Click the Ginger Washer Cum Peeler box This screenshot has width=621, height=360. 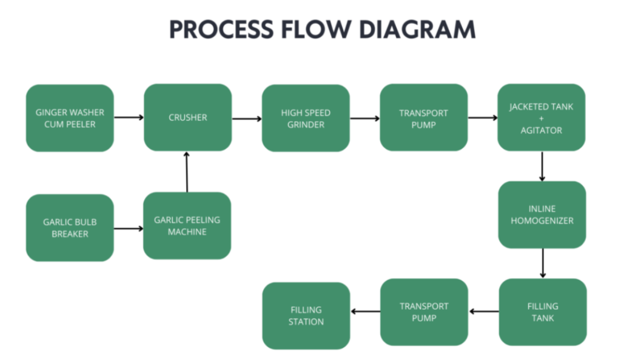coord(70,118)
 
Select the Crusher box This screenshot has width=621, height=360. coord(187,118)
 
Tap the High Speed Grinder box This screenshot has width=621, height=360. coord(306,118)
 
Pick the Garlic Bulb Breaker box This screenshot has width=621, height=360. coord(70,228)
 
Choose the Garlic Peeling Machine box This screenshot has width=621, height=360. coord(187,225)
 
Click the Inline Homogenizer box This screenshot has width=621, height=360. coord(542,215)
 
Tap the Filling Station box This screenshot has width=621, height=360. coord(306,315)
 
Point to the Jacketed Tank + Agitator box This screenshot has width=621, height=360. coord(542,118)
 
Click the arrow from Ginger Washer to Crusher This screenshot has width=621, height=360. coord(129,117)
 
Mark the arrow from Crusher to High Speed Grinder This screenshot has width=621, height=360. coord(246,118)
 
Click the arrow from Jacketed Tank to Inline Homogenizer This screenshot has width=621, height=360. coord(542,166)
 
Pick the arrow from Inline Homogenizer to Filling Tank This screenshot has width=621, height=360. coord(542,263)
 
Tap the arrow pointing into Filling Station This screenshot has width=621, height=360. coord(365,312)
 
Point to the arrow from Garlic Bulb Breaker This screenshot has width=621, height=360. coord(129,228)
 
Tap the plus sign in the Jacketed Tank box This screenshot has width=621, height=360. coord(542,118)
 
